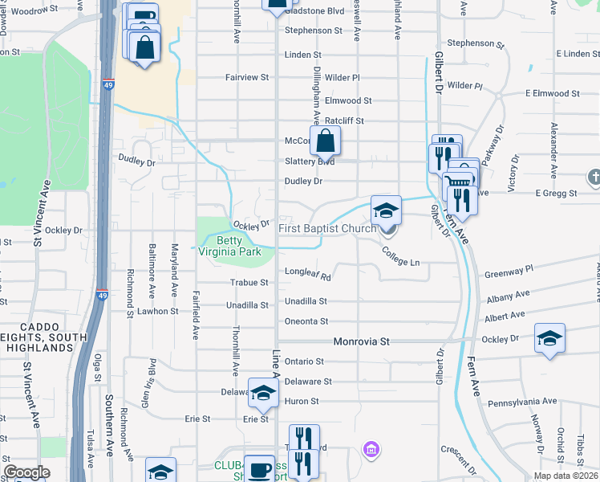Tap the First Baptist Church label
coord(327,229)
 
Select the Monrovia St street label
coord(361,341)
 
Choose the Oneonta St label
coord(306,321)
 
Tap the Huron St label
coord(302,402)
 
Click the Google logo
coord(27,472)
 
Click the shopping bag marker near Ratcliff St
coord(326,141)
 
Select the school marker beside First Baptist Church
coord(386,210)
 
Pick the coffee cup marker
coord(259,469)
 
